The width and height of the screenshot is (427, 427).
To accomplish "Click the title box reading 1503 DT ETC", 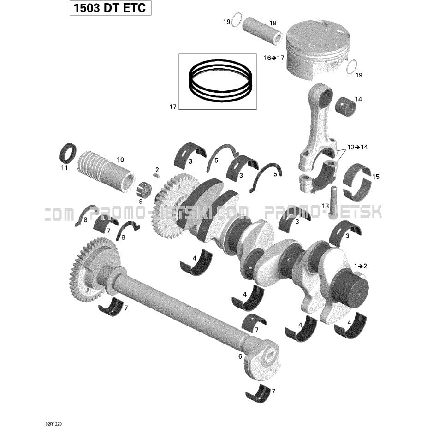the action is click(110, 8).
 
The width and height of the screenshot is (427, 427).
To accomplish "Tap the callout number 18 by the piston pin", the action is click(273, 23).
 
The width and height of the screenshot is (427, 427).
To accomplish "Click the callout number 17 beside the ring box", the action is click(173, 107).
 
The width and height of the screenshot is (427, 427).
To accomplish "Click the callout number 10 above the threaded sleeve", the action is click(120, 160).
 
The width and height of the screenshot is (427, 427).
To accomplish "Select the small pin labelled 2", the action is click(157, 176).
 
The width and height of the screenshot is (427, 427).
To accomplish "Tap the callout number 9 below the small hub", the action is click(141, 202).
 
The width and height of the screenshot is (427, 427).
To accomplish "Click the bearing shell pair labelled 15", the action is click(357, 181).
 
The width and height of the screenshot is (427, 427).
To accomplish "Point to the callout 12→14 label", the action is click(357, 147).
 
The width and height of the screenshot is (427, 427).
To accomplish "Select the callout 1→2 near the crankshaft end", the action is click(360, 266).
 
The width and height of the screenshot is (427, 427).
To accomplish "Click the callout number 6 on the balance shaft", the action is click(240, 356).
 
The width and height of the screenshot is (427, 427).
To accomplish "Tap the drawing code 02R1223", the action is click(53, 424).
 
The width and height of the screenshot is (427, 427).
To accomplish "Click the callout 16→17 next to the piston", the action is click(274, 58).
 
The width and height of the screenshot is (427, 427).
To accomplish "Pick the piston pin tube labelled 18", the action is click(262, 31).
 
